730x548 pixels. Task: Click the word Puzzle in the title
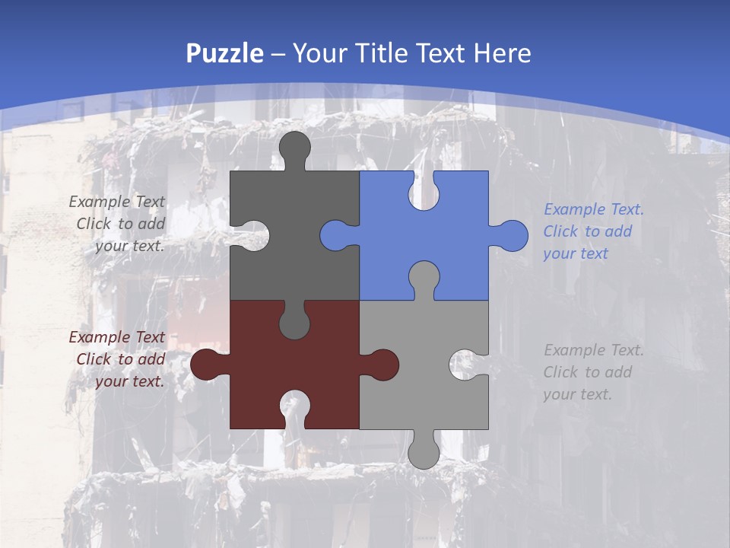pyautogui.click(x=225, y=53)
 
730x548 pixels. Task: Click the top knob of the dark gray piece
pyautogui.click(x=295, y=148)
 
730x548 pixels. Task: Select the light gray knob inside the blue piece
pyautogui.click(x=424, y=278)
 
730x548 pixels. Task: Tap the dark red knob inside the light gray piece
pyautogui.click(x=382, y=365)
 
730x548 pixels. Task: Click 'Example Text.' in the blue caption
pyautogui.click(x=593, y=209)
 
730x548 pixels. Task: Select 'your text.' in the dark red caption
pyautogui.click(x=129, y=381)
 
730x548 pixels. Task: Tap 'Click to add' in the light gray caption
pyautogui.click(x=587, y=372)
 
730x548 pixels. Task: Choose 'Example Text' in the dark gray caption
pyautogui.click(x=116, y=202)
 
